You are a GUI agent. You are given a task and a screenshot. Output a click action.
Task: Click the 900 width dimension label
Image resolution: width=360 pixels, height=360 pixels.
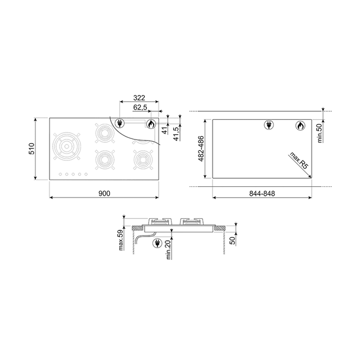(103, 193)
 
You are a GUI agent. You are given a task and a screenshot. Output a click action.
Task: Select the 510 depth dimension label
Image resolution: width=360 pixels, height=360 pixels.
(32, 149)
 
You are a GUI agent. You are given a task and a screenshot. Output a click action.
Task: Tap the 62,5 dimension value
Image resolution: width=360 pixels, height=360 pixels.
(140, 107)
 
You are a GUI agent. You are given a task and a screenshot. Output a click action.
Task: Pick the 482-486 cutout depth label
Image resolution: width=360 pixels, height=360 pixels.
(201, 149)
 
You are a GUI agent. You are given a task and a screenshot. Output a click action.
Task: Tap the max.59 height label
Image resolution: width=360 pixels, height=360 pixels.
(119, 240)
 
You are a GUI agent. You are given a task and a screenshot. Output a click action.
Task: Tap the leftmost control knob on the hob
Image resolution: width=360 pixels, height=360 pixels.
(60, 174)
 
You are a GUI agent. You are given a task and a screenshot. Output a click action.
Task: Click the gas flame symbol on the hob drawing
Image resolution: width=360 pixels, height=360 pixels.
(151, 124)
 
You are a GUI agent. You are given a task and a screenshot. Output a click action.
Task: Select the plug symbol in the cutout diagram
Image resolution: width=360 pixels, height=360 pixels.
(269, 125)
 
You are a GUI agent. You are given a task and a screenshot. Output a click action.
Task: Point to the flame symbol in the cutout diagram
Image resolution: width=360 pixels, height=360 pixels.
(300, 125)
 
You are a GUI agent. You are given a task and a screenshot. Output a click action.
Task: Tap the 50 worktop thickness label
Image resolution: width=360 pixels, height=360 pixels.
(233, 241)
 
